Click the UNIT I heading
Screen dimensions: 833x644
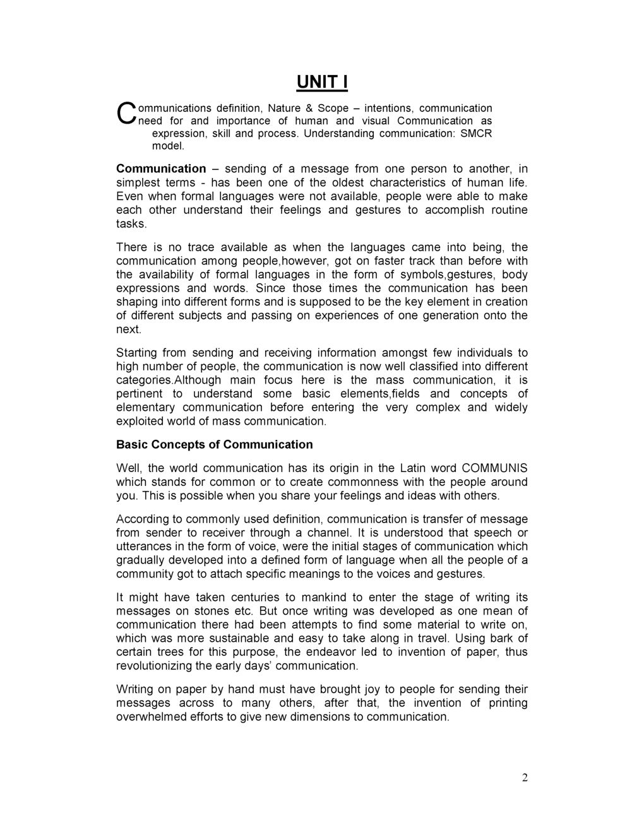point(322,82)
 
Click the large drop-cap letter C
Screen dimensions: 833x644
point(126,114)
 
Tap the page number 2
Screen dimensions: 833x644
point(525,777)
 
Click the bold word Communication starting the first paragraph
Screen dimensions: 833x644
point(161,169)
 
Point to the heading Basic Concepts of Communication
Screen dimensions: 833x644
point(214,445)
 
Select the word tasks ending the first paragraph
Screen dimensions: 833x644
point(131,224)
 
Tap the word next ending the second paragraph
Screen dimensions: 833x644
point(128,329)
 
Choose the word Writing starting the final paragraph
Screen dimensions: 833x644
point(134,689)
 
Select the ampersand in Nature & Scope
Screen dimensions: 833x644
point(309,109)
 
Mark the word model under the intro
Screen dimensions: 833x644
point(168,146)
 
